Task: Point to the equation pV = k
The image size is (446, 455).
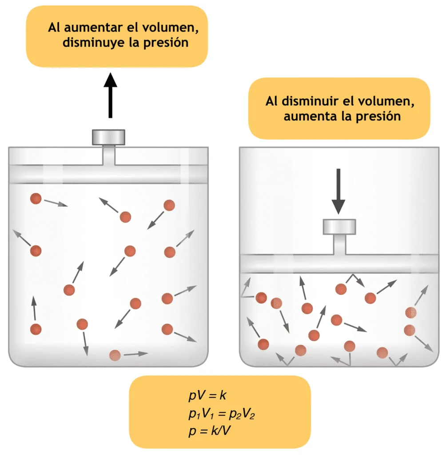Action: tap(207, 395)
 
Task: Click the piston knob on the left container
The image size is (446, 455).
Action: tap(108, 137)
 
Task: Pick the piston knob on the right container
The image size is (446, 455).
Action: tap(339, 227)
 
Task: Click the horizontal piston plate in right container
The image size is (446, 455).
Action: tap(339, 263)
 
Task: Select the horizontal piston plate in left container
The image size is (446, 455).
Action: tap(108, 174)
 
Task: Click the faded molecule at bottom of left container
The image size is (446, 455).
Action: tap(115, 355)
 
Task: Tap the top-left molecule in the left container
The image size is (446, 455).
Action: tap(36, 199)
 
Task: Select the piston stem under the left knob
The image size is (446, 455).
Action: tap(108, 155)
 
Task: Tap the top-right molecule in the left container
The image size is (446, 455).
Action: tap(169, 205)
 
